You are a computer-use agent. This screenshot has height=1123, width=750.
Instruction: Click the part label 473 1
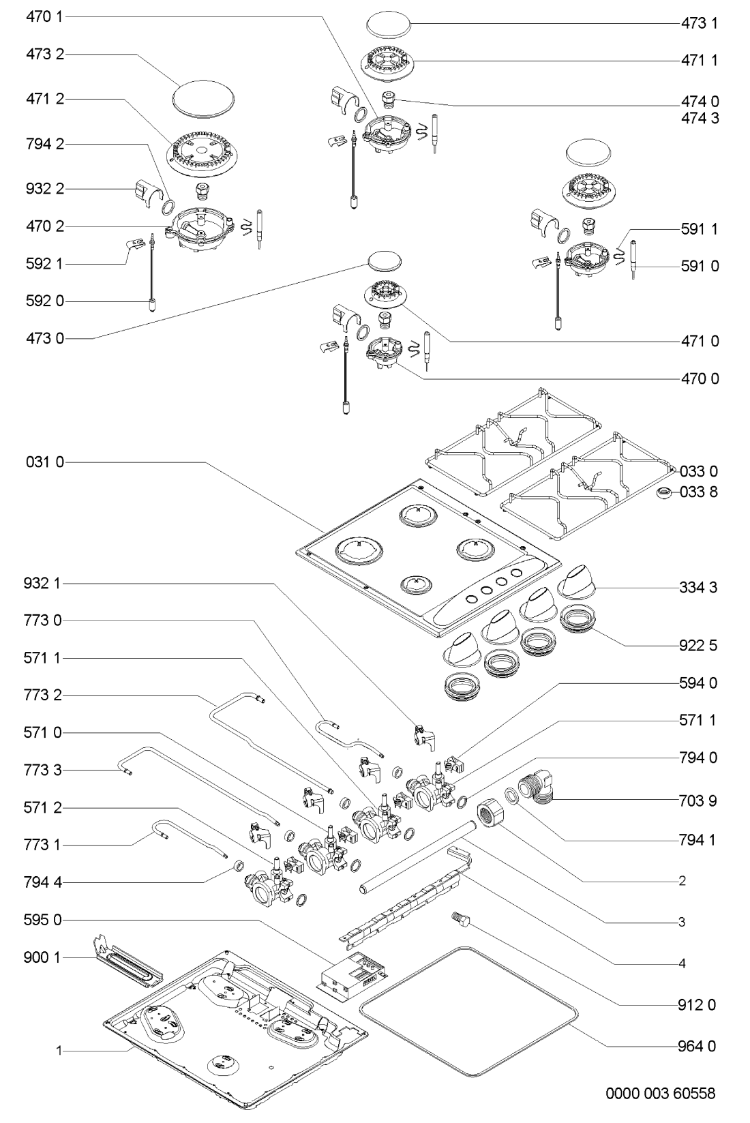[x=699, y=23]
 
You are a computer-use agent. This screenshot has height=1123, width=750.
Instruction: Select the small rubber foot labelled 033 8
[x=663, y=493]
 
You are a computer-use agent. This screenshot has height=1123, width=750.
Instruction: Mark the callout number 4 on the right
[x=682, y=964]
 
